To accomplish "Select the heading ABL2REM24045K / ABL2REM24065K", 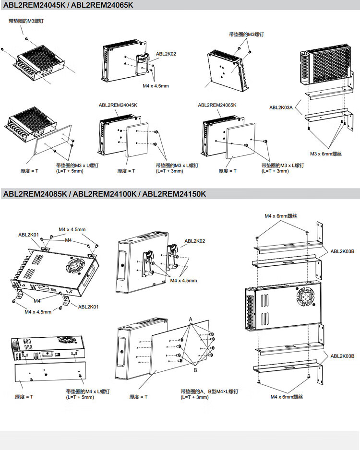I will click(x=68, y=5).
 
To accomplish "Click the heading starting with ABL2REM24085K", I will click(x=105, y=194).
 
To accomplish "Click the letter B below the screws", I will click(x=195, y=370).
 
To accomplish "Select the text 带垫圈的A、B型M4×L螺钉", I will click(x=209, y=391).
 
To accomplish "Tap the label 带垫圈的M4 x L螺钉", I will click(x=88, y=391).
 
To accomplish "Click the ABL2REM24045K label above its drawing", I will click(x=118, y=105).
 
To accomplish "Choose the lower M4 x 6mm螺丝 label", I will click(x=287, y=397).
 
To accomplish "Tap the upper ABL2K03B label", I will click(x=342, y=251).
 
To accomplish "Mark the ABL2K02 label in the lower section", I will click(x=194, y=241).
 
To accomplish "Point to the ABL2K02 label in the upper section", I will click(x=166, y=54).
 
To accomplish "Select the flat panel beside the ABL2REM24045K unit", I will click(x=138, y=143).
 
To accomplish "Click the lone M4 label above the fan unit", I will click(x=68, y=240).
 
